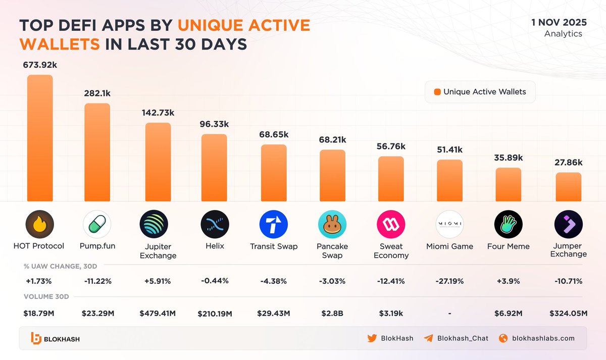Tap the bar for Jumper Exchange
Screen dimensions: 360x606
click(x=569, y=186)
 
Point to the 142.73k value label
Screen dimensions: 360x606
click(x=158, y=113)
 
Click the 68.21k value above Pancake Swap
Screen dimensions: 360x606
click(x=332, y=139)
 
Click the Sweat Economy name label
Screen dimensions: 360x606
click(x=391, y=250)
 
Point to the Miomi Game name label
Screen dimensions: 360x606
click(x=449, y=246)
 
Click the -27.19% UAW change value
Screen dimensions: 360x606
click(x=449, y=281)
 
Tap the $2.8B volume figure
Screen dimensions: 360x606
click(x=332, y=314)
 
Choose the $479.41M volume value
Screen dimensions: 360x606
click(x=158, y=314)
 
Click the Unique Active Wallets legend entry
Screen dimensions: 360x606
click(x=480, y=92)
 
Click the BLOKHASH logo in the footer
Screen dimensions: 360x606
click(x=55, y=338)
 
